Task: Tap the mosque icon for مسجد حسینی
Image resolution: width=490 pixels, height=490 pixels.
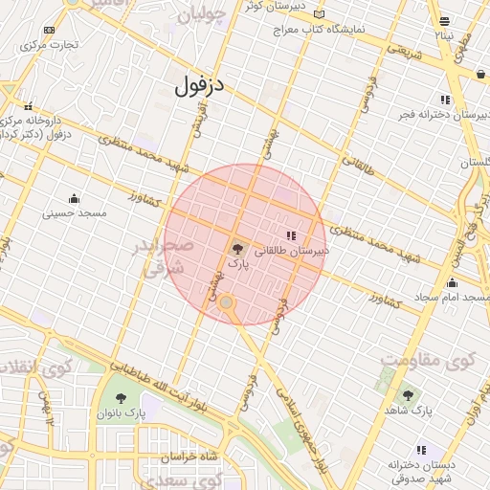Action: point(73,198)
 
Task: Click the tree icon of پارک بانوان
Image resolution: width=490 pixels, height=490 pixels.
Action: point(122,398)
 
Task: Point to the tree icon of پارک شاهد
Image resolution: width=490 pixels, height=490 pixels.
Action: point(408,394)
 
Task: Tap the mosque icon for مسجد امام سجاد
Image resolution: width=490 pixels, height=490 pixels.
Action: point(452,283)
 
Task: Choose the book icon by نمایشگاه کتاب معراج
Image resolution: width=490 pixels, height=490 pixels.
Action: point(319,14)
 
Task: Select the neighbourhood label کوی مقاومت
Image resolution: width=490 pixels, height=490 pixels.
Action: point(427,361)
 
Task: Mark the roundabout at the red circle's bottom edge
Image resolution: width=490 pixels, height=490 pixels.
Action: point(226,303)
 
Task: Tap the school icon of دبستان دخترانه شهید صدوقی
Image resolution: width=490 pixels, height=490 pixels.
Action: point(420,450)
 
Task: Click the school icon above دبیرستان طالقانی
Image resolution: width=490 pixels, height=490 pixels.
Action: point(291,235)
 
